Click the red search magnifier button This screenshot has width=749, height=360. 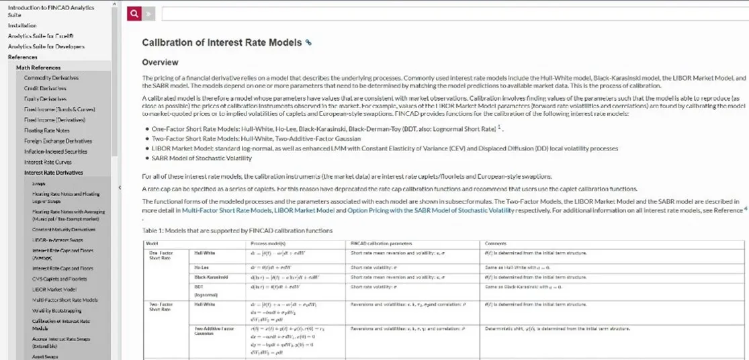tap(135, 13)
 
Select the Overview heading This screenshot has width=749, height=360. tap(162, 62)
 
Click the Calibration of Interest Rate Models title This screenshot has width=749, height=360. tap(222, 42)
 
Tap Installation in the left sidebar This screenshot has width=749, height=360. tap(23, 26)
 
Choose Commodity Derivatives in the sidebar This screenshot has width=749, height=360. tap(51, 78)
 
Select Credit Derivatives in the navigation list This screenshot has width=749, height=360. tap(46, 88)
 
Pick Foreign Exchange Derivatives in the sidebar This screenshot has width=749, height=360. tap(58, 141)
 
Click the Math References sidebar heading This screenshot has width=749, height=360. tap(38, 67)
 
